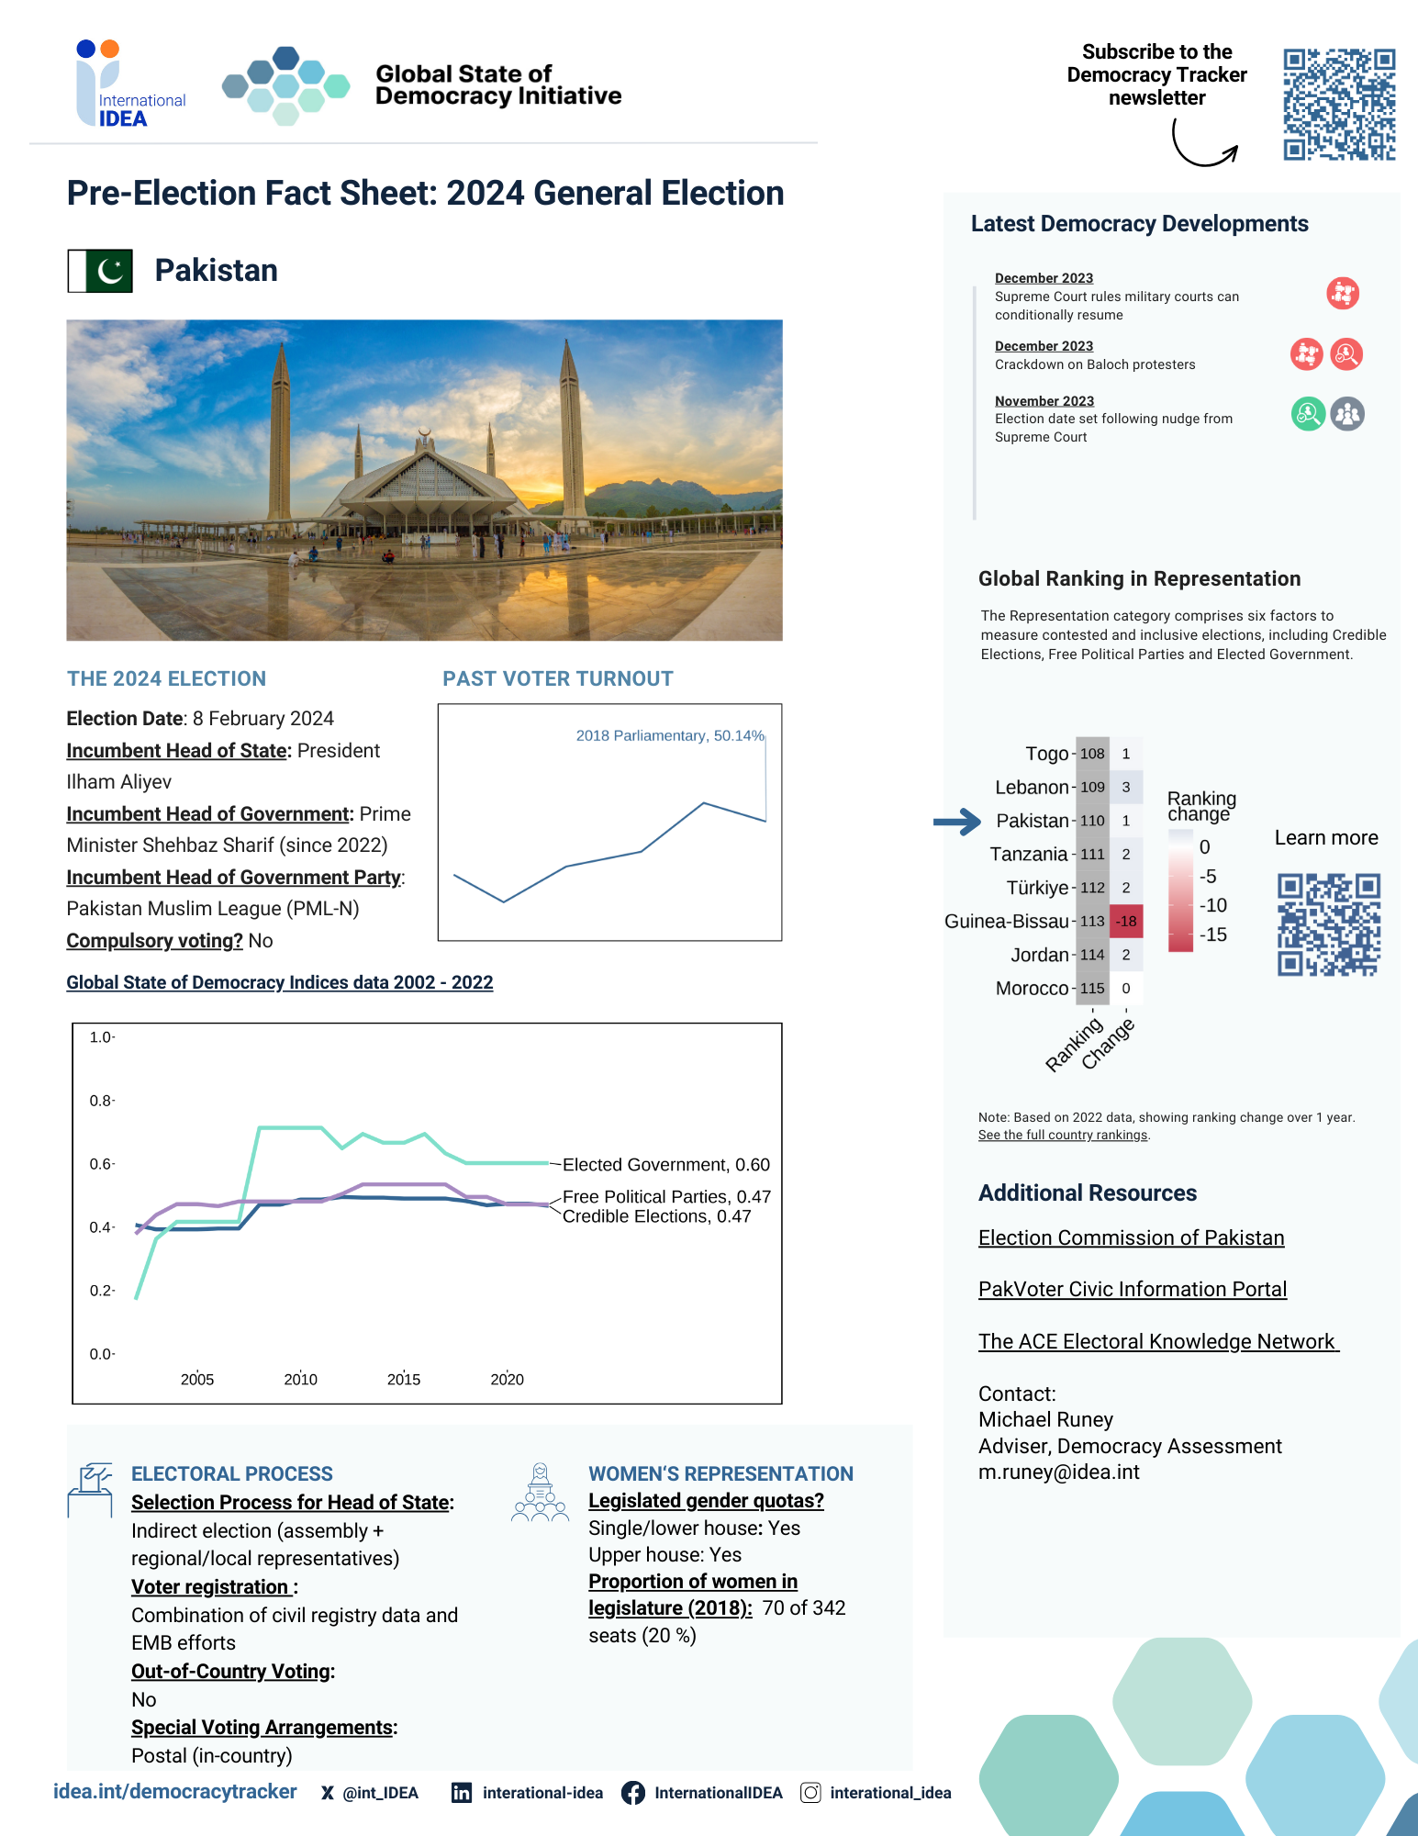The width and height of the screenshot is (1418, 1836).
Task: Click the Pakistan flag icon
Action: point(100,271)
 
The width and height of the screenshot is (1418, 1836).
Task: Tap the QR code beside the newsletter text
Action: point(1338,104)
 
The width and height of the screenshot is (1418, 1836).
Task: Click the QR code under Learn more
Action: point(1328,924)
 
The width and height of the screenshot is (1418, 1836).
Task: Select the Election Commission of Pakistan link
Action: point(1131,1237)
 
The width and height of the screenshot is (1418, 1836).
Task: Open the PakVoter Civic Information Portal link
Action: point(1132,1289)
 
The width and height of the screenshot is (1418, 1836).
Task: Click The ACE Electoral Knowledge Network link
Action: point(1156,1341)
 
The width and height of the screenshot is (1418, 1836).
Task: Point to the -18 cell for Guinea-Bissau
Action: point(1126,921)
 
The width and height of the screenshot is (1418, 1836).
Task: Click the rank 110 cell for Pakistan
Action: point(1092,821)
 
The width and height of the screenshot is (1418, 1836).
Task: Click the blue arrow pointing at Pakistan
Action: point(957,822)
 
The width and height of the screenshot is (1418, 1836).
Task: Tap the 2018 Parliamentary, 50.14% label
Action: point(669,735)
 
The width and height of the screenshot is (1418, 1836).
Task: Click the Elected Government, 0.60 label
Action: point(665,1164)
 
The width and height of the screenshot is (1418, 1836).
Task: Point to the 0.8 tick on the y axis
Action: point(101,1100)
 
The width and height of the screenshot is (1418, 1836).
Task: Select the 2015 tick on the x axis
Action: point(404,1379)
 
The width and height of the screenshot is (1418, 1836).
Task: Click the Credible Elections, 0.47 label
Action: point(656,1216)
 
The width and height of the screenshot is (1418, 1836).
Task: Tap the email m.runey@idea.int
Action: point(1058,1472)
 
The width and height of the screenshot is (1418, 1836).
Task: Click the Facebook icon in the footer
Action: point(633,1793)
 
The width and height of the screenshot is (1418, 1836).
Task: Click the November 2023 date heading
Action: point(1044,401)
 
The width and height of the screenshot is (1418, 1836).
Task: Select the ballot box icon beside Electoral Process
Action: point(89,1489)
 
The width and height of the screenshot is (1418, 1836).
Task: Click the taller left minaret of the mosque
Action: point(280,431)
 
